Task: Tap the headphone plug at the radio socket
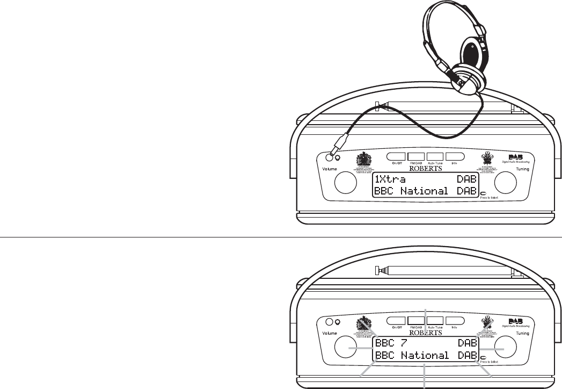pos(339,146)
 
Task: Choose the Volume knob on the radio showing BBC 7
pos(347,347)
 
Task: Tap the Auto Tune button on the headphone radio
pos(435,157)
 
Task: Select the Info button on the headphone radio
pos(454,157)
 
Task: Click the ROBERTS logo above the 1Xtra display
pos(425,168)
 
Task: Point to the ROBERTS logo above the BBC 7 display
pos(425,332)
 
